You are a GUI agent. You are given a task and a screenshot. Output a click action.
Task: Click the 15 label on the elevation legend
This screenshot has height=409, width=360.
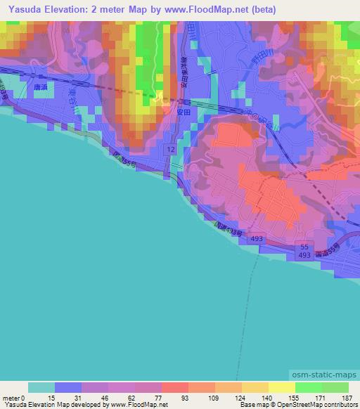(x=55, y=397)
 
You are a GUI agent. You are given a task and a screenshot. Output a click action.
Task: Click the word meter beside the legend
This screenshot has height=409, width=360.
(x=11, y=397)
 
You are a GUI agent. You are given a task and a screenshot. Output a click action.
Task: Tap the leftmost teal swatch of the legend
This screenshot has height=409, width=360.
(x=41, y=387)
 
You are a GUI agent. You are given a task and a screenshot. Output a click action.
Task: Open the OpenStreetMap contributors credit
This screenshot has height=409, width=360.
(x=319, y=405)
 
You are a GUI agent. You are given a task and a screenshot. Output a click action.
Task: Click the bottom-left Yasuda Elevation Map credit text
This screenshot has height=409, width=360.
(x=84, y=405)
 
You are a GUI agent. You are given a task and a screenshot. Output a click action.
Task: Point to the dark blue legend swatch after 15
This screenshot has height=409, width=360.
(x=68, y=387)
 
